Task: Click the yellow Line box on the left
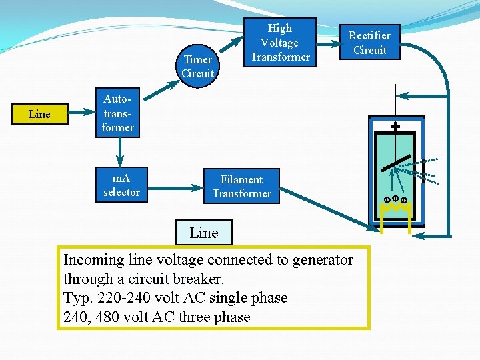tap(39, 114)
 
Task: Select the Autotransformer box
tap(117, 113)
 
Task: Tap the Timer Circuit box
tap(197, 67)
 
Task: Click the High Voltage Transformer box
tap(279, 43)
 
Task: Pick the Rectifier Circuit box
tap(370, 43)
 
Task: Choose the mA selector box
tap(121, 185)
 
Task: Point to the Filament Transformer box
tap(241, 186)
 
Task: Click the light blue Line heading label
tap(203, 233)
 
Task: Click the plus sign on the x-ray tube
tap(395, 125)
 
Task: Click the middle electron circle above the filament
tap(395, 198)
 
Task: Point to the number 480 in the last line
tap(108, 317)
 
